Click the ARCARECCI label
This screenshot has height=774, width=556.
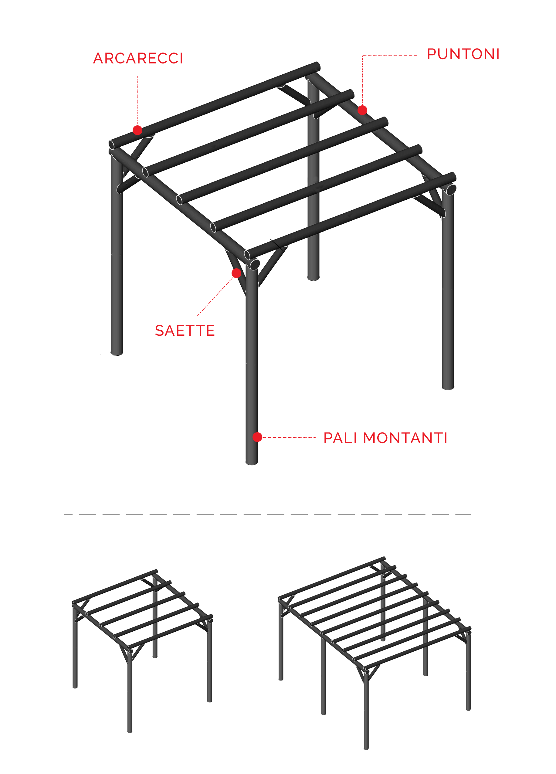138,58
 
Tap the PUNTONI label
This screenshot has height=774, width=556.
463,54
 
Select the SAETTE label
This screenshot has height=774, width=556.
185,330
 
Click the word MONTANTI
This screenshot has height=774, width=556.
405,438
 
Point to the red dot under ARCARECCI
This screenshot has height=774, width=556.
137,130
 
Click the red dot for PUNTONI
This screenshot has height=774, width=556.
362,110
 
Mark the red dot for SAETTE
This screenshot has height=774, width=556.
236,273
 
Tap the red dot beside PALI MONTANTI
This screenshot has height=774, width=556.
257,437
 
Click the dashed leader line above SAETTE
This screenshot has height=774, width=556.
215,296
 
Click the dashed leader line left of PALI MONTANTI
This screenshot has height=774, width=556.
290,437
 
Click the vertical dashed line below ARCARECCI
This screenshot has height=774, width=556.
138,101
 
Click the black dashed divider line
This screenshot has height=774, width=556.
268,514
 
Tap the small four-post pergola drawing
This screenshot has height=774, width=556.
142,650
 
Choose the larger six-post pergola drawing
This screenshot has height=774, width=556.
375,653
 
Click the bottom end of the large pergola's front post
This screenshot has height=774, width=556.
252,463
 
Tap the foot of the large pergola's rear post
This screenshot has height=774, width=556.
313,278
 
